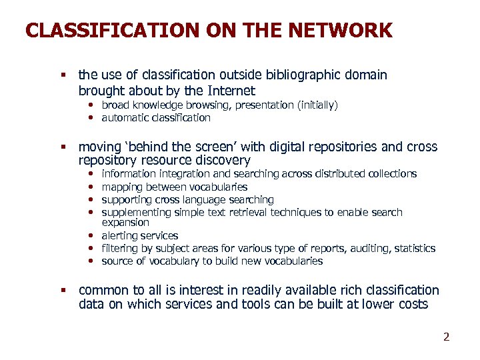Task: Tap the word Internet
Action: (229, 91)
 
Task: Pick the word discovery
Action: (224, 161)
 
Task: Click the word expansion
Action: (125, 223)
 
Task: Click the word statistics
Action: (413, 249)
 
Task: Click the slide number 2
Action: (447, 337)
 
